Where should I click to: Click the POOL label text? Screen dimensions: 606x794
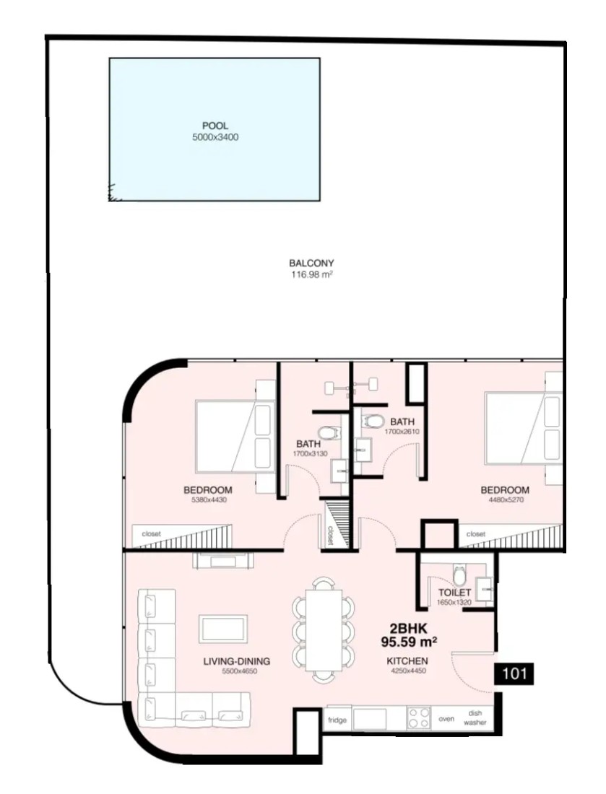click(x=215, y=126)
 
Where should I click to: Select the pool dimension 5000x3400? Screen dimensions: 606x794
click(x=215, y=137)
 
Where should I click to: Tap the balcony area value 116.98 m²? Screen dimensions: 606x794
click(x=311, y=275)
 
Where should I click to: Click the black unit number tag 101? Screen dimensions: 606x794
click(x=514, y=674)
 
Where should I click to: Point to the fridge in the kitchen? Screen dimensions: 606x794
click(x=337, y=720)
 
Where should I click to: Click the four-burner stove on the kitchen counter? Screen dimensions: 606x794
click(x=419, y=718)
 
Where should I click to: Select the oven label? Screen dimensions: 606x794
click(x=446, y=719)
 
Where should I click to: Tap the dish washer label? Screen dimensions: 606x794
click(x=475, y=718)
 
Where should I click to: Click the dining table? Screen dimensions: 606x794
click(x=324, y=630)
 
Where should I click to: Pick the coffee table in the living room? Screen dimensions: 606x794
click(x=223, y=629)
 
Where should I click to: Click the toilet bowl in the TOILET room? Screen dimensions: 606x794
click(x=459, y=575)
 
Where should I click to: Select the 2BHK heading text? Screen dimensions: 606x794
click(x=408, y=629)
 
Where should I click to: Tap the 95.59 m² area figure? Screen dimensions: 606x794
click(x=409, y=642)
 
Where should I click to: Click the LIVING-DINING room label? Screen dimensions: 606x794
click(x=237, y=661)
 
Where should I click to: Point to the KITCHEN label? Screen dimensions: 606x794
click(x=407, y=660)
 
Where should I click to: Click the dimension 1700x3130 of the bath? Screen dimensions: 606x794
click(x=310, y=454)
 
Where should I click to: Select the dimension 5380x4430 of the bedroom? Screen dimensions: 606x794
click(x=209, y=499)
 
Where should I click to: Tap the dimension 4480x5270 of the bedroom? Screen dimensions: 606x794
click(x=506, y=499)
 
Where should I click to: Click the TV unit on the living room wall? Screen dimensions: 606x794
click(x=223, y=561)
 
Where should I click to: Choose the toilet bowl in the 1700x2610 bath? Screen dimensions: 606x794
click(x=374, y=422)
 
